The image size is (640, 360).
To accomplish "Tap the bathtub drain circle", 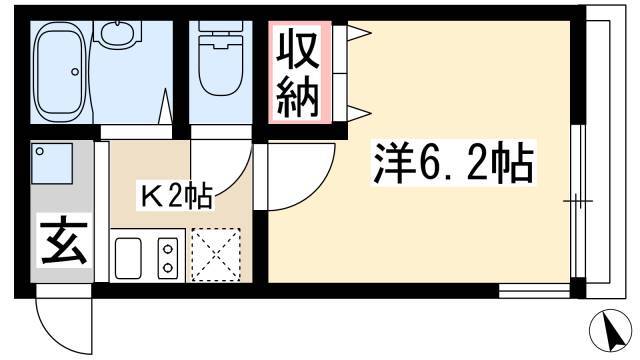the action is [x=75, y=72].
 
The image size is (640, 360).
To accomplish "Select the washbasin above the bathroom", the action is [x=118, y=34].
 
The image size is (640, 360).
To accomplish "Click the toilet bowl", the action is [x=220, y=66].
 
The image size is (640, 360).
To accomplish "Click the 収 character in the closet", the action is [x=298, y=50].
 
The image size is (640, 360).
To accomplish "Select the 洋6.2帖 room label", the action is [x=453, y=163].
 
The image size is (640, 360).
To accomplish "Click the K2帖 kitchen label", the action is [x=176, y=197].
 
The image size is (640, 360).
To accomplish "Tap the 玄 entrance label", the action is [x=64, y=242].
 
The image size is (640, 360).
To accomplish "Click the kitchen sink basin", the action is [x=128, y=258].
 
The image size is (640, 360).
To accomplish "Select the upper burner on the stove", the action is [x=167, y=248].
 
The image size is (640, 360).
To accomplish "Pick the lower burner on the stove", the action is [x=167, y=268].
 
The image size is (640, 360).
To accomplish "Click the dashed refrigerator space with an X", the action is [x=216, y=255].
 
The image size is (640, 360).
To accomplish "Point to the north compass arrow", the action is [x=611, y=331].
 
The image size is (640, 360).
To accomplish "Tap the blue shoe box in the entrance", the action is [x=52, y=163].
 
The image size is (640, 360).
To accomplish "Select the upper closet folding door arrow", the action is [x=359, y=33].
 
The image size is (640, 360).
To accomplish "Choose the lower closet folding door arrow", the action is [x=359, y=113].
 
